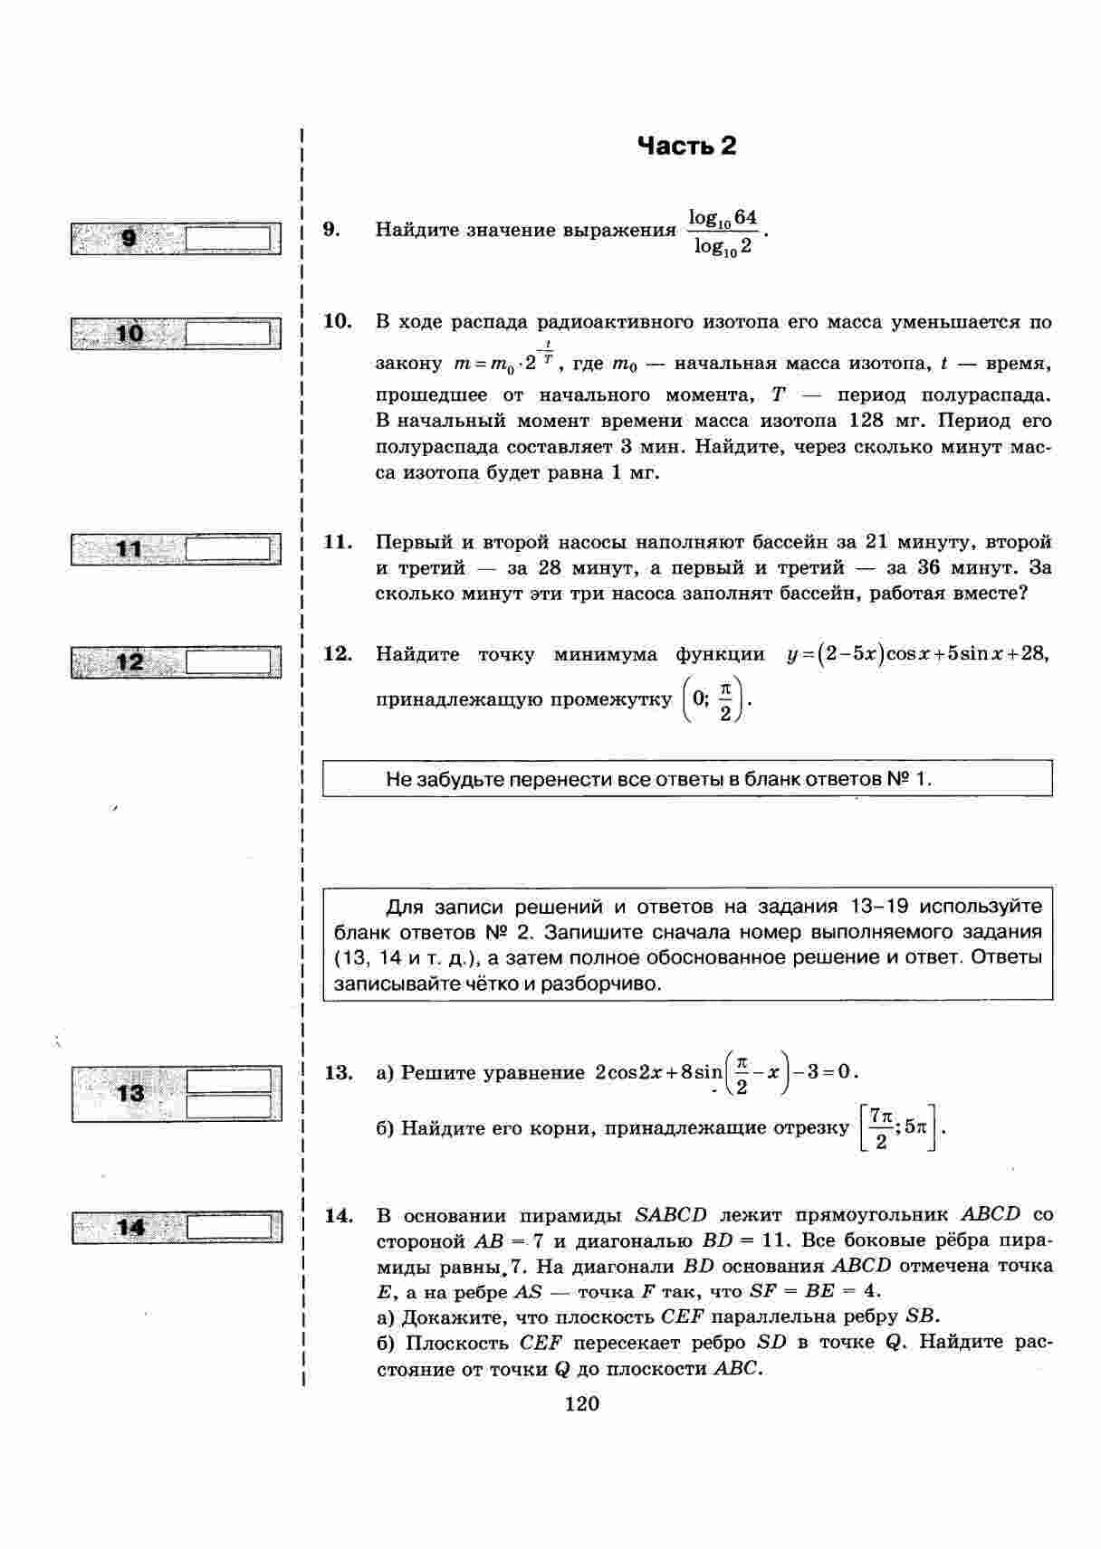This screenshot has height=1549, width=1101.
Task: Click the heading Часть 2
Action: coord(686,146)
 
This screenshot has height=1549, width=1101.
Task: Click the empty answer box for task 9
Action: coord(228,239)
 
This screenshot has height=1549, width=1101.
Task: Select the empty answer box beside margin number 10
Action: coord(228,334)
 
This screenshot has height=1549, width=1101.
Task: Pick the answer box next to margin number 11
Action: coord(228,549)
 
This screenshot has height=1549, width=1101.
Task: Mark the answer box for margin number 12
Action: coord(228,662)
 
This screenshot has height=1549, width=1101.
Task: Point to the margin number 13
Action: coord(130,1093)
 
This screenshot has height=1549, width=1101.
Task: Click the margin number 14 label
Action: coord(130,1228)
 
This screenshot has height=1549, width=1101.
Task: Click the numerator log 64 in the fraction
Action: coord(722,218)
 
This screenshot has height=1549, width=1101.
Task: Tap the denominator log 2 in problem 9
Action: coord(722,246)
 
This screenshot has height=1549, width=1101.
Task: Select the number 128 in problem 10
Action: coord(866,421)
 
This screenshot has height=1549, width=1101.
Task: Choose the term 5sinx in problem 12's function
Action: coord(969,654)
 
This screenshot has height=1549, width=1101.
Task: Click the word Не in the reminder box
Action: coord(398,779)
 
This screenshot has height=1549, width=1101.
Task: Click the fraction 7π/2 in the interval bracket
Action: coord(878,1128)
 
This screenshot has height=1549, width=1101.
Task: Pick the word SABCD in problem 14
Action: coord(671,1214)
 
